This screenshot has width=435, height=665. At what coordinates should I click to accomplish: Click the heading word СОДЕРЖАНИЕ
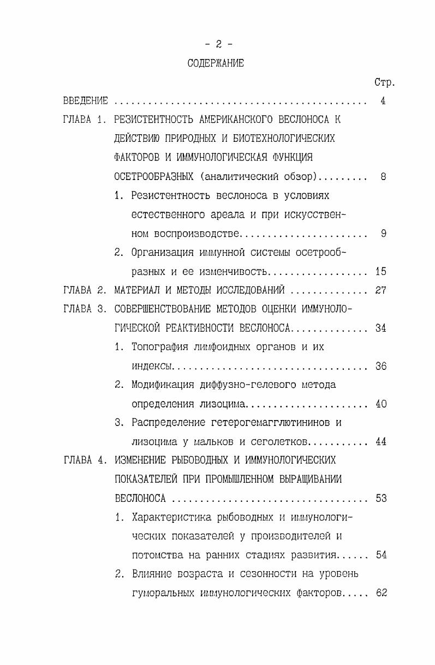[x=216, y=63]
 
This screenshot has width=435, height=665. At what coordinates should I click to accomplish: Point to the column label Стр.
[x=384, y=83]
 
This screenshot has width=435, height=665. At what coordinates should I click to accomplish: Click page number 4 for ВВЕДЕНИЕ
[x=383, y=101]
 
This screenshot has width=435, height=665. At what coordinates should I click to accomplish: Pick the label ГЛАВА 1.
[x=85, y=119]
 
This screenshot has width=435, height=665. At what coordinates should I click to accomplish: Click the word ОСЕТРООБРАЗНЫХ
[x=153, y=176]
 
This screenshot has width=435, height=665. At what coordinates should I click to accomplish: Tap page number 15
[x=381, y=271]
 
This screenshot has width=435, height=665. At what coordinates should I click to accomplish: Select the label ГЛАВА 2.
[x=85, y=290]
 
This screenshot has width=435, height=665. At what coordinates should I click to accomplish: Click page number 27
[x=381, y=290]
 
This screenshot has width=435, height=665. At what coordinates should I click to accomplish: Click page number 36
[x=381, y=366]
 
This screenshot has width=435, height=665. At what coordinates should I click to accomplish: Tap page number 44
[x=381, y=442]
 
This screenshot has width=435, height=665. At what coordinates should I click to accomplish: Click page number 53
[x=381, y=499]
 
